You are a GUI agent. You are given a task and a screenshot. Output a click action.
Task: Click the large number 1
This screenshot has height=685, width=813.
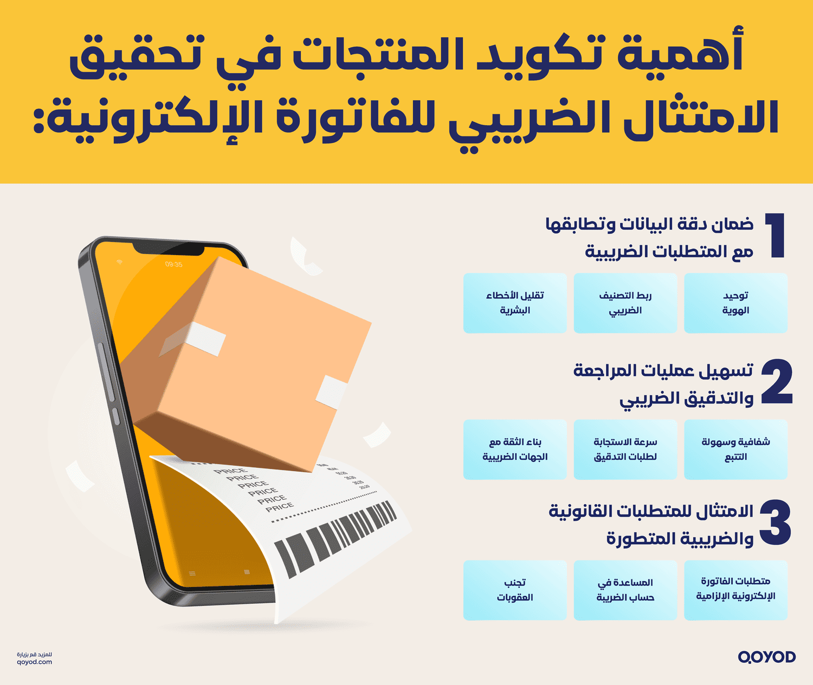tap(776, 236)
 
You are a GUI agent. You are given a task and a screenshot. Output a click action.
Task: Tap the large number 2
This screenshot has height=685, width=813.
tap(777, 382)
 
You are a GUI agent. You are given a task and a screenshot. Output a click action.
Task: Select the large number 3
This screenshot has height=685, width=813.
tap(775, 523)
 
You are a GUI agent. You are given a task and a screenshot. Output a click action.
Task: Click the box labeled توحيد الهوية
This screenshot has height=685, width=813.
tap(735, 303)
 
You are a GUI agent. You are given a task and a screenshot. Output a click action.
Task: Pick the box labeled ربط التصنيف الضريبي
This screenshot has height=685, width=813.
tap(625, 303)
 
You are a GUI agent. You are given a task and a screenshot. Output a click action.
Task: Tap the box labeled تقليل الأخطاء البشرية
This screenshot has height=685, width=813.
tap(514, 303)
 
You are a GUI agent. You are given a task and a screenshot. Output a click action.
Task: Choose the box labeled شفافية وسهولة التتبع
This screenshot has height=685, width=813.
tap(735, 449)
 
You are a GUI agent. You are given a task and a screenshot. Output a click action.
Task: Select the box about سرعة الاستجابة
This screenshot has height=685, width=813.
tap(625, 449)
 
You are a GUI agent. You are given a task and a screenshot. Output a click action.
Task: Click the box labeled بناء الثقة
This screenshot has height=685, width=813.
tap(514, 449)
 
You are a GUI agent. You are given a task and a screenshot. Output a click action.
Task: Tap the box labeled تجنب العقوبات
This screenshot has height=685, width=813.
tap(514, 590)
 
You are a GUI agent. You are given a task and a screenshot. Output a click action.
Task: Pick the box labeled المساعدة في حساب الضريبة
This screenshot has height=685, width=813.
tap(625, 590)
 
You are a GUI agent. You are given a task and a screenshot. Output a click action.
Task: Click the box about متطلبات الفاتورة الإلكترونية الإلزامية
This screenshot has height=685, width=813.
tap(735, 590)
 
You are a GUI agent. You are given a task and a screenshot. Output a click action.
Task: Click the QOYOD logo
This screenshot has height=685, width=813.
tap(766, 657)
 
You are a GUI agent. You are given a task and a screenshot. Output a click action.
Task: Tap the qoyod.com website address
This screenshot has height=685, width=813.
tap(35, 662)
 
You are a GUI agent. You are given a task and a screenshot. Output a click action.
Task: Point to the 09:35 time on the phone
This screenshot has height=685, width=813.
tap(173, 264)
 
